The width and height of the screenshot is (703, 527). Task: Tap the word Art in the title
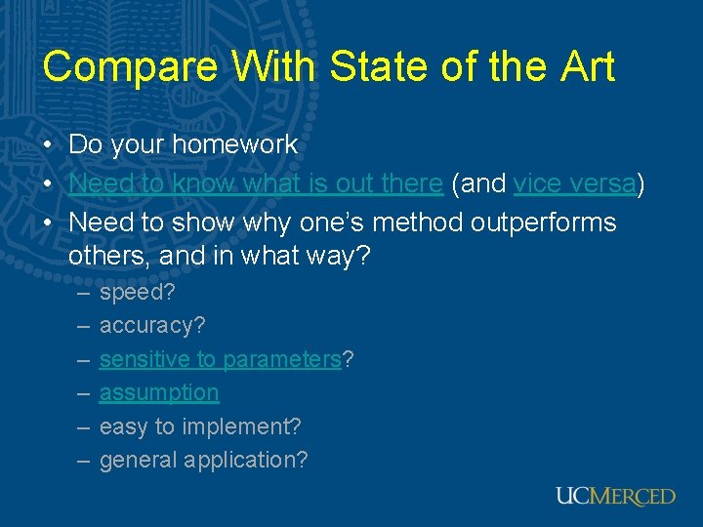point(585,67)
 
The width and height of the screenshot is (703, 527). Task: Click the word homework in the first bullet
point(235,144)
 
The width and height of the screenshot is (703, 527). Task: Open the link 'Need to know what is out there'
point(256,183)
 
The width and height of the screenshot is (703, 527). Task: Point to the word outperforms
point(543,223)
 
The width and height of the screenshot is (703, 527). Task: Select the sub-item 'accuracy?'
point(152,325)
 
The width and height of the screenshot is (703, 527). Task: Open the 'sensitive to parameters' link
point(221,359)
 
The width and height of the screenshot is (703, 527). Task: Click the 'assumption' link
point(159,392)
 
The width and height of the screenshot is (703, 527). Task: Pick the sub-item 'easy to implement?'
point(200,426)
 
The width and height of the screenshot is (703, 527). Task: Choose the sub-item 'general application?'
point(203,459)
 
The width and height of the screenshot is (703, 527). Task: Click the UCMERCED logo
point(615,496)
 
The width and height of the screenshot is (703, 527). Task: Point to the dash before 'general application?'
point(80,459)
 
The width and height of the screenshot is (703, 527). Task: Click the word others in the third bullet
point(100,256)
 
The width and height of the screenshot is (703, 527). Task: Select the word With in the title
point(272,67)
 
